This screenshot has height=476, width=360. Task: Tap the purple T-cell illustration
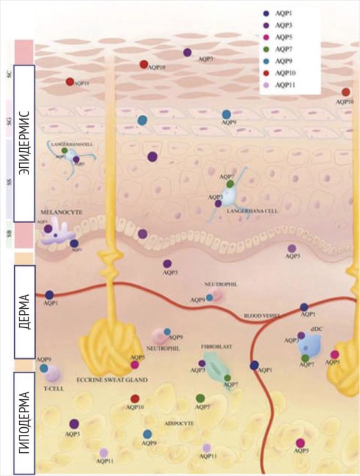[53, 374]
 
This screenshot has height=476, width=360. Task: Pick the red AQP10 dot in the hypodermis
[135, 399]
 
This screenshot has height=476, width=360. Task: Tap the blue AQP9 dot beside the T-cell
[44, 368]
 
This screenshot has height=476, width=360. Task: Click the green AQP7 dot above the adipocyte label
[201, 398]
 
